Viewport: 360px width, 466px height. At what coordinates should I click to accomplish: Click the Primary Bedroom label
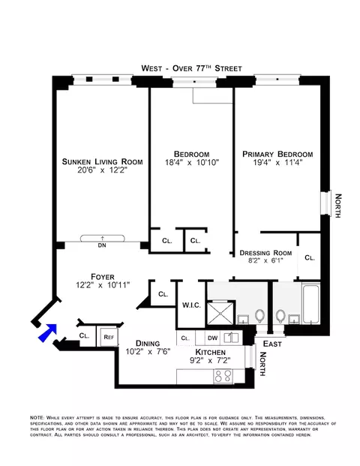pos(277,154)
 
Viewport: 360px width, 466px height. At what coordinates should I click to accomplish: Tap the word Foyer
pos(102,275)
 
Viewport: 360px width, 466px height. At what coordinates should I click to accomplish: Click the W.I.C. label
pos(190,305)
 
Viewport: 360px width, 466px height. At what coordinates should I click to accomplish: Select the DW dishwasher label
pos(212,338)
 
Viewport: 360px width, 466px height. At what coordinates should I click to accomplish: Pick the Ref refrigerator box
pos(108,337)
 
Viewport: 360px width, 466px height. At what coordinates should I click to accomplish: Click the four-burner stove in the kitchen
pos(223,376)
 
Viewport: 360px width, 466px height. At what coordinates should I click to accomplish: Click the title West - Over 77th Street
pos(191,68)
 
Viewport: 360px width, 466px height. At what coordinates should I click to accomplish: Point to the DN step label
pos(102,244)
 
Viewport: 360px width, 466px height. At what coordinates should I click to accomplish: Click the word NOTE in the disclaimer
pos(36,417)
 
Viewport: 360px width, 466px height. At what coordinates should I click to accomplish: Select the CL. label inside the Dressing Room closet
pos(310,257)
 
